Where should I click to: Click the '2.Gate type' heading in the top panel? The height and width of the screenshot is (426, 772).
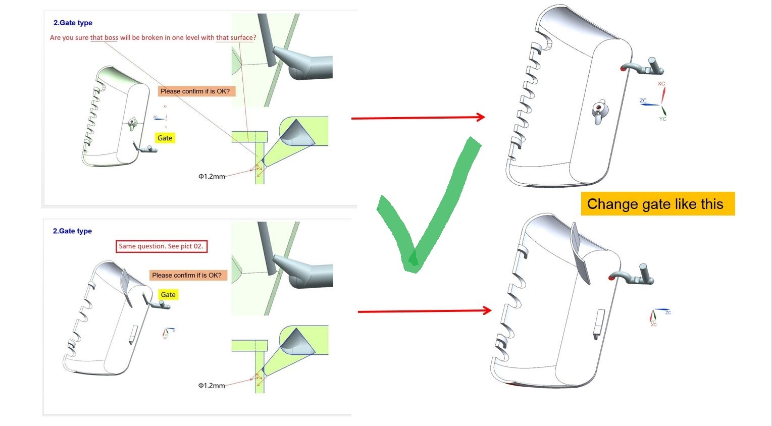point(73,23)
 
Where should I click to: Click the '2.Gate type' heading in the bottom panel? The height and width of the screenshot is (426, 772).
point(72,231)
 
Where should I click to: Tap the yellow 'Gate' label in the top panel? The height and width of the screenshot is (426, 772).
point(165,138)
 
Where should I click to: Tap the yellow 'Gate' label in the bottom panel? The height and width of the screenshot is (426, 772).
point(168,294)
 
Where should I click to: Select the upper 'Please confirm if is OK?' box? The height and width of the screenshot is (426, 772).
point(196,91)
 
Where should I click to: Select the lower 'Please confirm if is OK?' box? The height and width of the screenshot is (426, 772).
point(188,276)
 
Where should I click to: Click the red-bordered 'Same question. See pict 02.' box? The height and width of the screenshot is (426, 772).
point(161,246)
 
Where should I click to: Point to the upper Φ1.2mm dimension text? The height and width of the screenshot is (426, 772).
point(212,177)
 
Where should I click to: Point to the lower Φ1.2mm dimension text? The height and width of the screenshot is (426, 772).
point(212,385)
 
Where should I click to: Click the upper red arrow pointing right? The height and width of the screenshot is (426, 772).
point(418,118)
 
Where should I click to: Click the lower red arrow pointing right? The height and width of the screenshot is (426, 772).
point(425,311)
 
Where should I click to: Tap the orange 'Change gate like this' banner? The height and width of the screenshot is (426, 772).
point(658,204)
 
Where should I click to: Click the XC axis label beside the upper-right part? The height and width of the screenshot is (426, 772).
point(661,84)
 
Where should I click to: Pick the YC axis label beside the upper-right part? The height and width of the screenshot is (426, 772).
point(663,119)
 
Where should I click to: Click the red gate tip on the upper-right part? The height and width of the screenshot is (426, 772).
point(623,68)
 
